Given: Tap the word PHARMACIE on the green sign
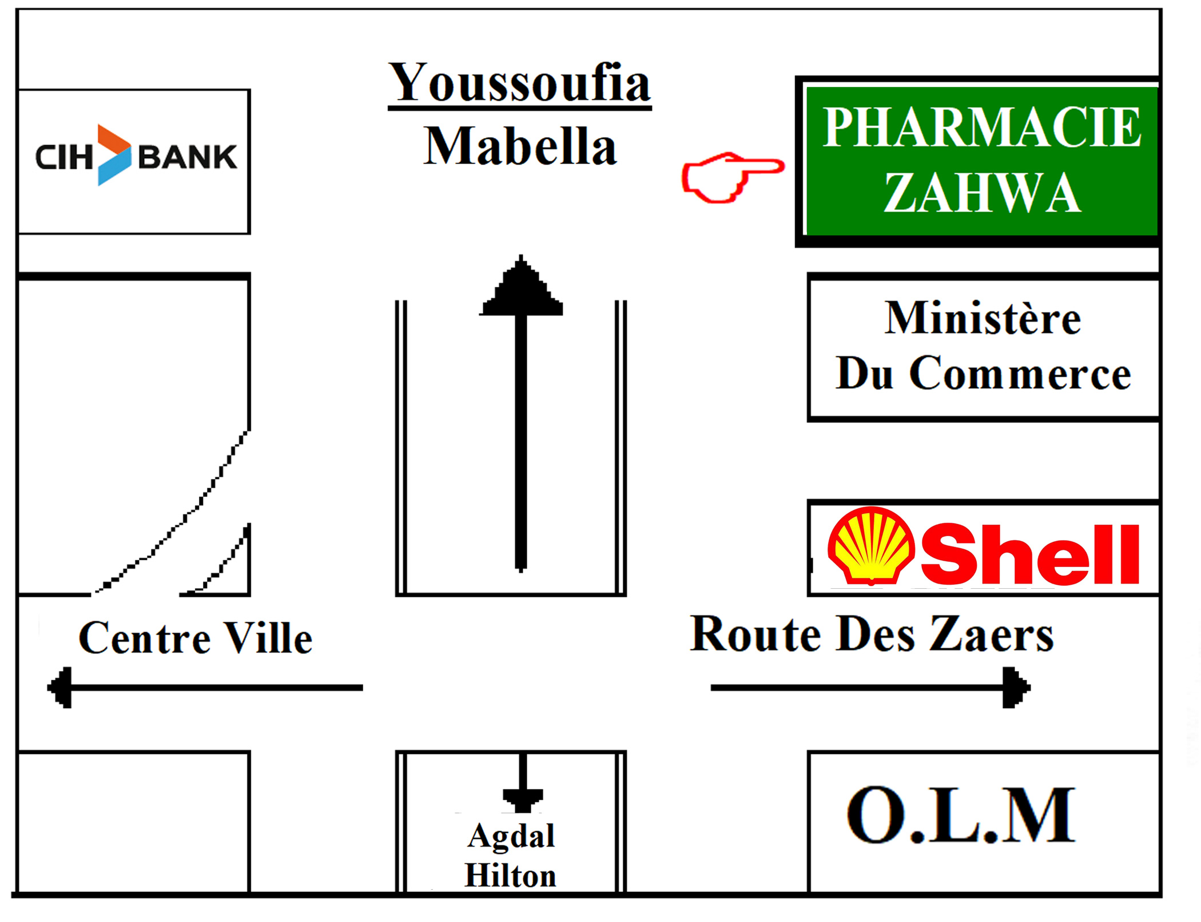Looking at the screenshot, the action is coord(982,127).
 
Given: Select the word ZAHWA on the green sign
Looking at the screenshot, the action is coord(982,193).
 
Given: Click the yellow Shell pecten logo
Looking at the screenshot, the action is coord(871,545).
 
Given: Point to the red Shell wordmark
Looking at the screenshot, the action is coord(1030,554).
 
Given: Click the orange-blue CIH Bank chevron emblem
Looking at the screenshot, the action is coord(114,155).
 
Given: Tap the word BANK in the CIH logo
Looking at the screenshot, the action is coord(188,157).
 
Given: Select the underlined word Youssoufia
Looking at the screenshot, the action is coord(519,83).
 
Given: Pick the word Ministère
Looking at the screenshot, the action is coord(983,318).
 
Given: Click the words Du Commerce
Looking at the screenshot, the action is coord(983,373).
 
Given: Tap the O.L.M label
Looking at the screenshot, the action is coord(961,815).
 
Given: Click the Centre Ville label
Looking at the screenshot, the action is coord(196,637).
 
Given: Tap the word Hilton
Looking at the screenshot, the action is coord(510,876).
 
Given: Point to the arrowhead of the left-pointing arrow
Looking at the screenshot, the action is coord(60,688).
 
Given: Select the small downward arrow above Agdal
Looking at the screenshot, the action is coord(523,783).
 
